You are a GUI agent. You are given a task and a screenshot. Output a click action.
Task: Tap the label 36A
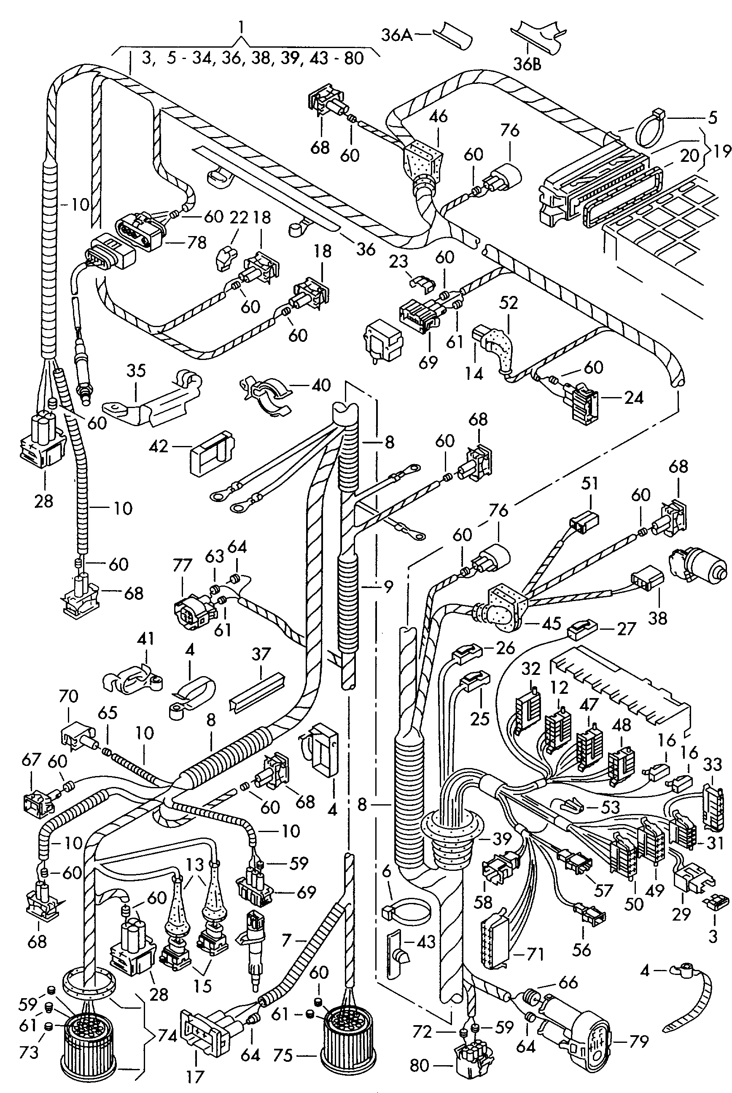397,35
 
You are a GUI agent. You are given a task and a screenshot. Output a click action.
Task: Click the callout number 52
509,303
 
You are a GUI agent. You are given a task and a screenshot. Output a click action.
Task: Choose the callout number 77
182,566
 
